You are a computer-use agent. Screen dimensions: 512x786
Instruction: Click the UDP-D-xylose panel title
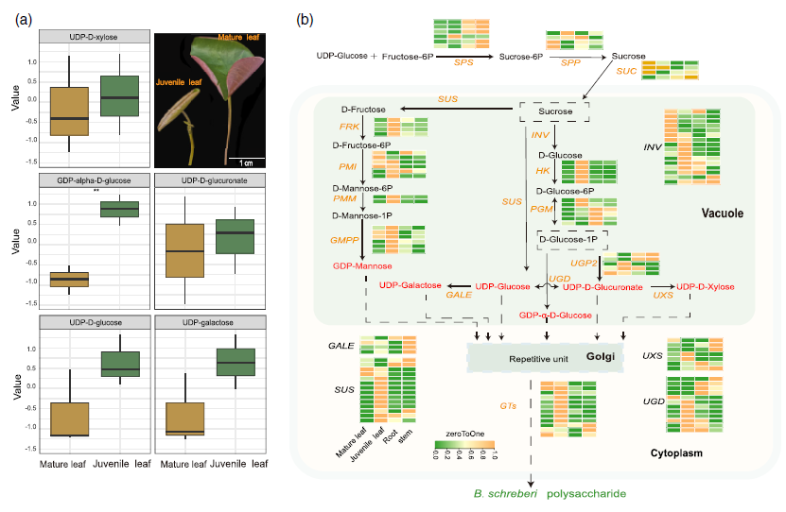94,36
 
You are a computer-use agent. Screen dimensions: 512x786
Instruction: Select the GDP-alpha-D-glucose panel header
94,179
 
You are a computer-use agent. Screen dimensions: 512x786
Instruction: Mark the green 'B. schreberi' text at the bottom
498,493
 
